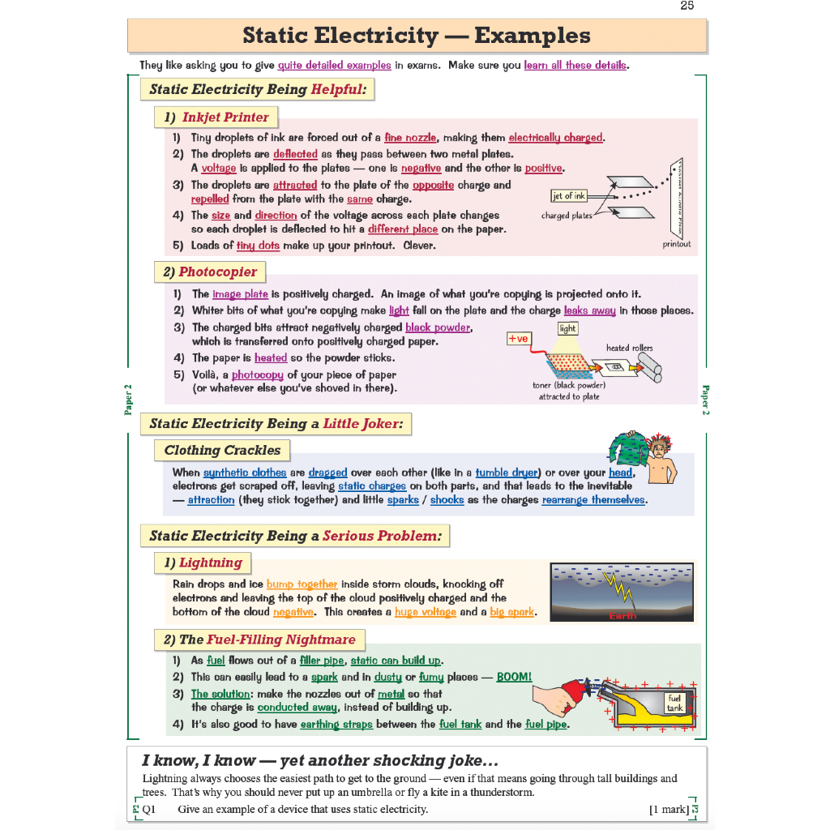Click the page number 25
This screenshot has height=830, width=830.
687,6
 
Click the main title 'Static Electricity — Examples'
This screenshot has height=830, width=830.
417,36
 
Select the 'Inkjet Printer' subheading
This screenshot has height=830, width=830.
216,118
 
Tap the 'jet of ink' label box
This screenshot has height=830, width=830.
569,196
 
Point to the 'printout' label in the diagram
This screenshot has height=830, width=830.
677,244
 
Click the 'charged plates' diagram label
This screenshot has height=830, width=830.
567,216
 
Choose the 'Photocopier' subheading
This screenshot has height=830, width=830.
210,272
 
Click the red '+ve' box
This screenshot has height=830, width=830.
518,338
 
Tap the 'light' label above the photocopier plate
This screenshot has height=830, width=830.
567,328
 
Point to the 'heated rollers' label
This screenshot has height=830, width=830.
629,348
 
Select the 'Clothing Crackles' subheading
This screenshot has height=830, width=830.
222,451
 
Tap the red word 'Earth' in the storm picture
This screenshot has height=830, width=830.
622,616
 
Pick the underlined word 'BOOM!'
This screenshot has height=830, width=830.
514,677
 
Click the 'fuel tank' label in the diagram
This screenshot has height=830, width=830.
674,703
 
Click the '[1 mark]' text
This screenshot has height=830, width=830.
669,810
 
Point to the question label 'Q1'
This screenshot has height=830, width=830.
149,810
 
